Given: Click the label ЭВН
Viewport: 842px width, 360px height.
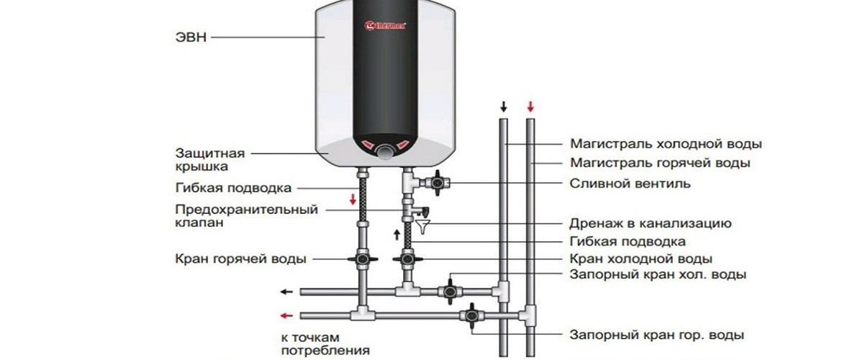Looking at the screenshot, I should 192,37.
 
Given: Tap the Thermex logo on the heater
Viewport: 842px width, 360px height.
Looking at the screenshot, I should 386,26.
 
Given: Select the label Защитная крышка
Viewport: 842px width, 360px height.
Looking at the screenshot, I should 210,160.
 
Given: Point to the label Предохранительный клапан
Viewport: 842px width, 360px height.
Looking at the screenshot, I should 246,216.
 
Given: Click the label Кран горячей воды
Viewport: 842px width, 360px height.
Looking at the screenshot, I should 240,258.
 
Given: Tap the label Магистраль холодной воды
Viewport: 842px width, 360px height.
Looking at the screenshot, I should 666,144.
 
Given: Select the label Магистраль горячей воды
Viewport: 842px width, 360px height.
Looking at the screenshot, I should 660,163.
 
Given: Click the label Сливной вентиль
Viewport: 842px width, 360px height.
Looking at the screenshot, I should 630,184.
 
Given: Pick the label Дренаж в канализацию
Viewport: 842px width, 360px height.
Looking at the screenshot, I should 651,223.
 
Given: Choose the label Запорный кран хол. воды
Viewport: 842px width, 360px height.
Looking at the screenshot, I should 658,275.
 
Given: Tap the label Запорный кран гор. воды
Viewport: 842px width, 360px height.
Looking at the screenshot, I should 656,335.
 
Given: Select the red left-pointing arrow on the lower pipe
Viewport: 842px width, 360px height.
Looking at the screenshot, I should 287,315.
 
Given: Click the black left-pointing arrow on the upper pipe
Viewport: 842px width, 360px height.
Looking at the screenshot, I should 287,292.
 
